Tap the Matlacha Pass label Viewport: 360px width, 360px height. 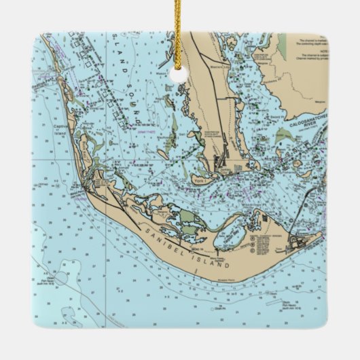pyautogui.click(x=219, y=68)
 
